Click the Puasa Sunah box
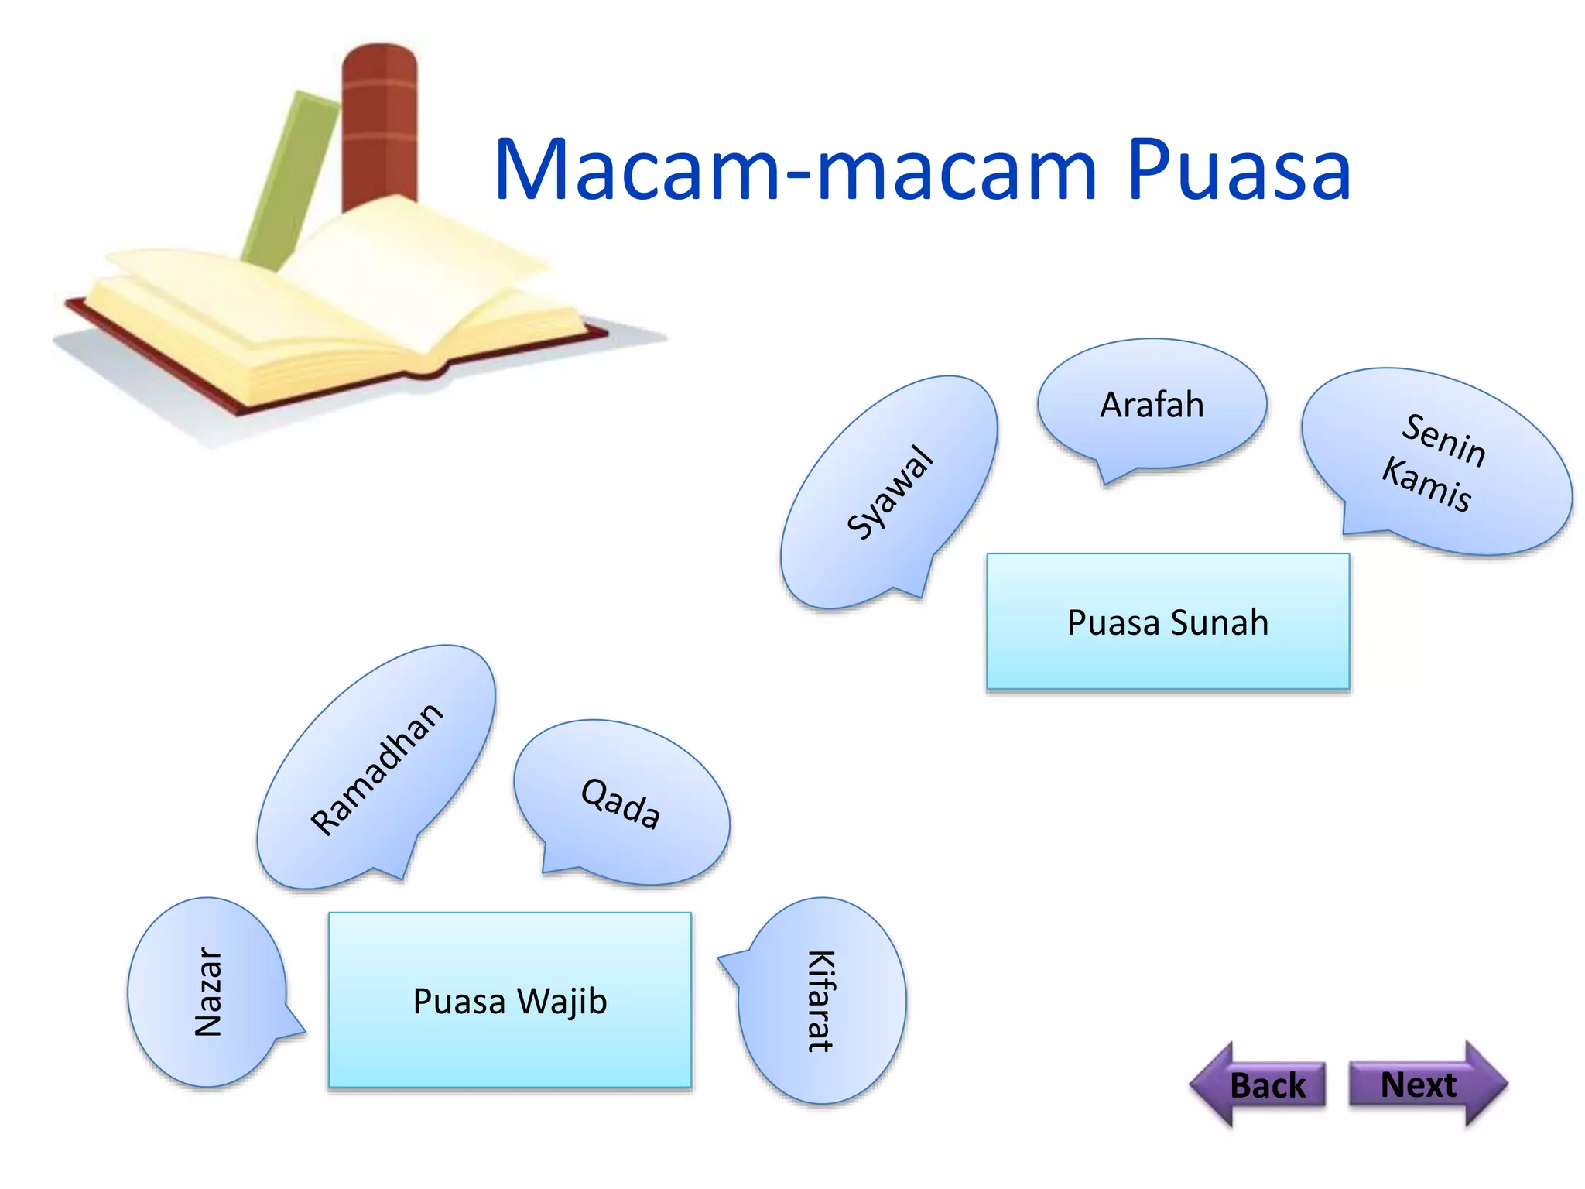coord(1167,622)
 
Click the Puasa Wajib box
coord(509,1000)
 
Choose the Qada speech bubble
coord(621,804)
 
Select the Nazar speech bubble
coord(207,992)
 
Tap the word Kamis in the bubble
coord(1426,485)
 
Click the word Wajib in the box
coord(563,1001)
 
